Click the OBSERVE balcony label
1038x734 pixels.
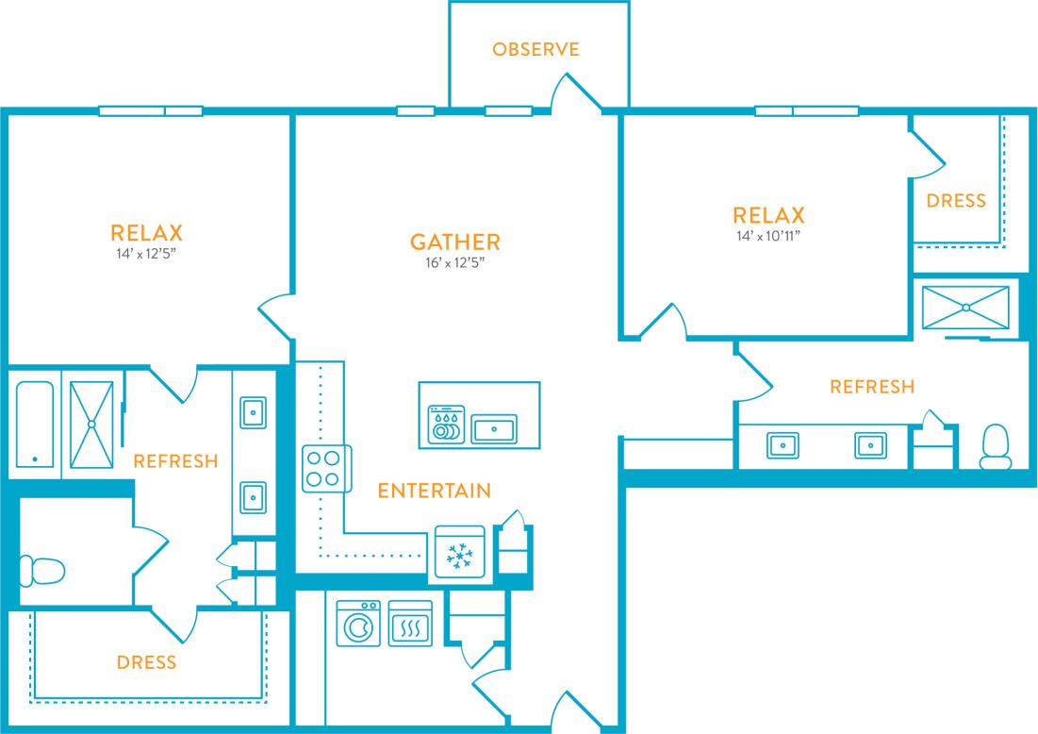[x=535, y=49]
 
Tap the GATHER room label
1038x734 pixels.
[x=454, y=242]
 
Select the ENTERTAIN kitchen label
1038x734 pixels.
[x=434, y=491]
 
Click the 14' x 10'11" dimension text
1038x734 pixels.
[x=771, y=236]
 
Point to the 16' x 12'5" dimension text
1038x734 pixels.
[x=454, y=263]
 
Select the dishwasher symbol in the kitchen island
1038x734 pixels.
[x=445, y=426]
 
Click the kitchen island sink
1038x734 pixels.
[x=494, y=430]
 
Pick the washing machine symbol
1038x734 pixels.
[x=358, y=624]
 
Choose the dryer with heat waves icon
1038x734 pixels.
[x=410, y=624]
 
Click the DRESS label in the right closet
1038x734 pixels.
[x=956, y=201]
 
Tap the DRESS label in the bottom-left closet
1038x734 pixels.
[x=146, y=662]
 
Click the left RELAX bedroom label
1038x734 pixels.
[x=146, y=232]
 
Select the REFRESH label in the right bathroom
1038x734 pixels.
[x=871, y=387]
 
